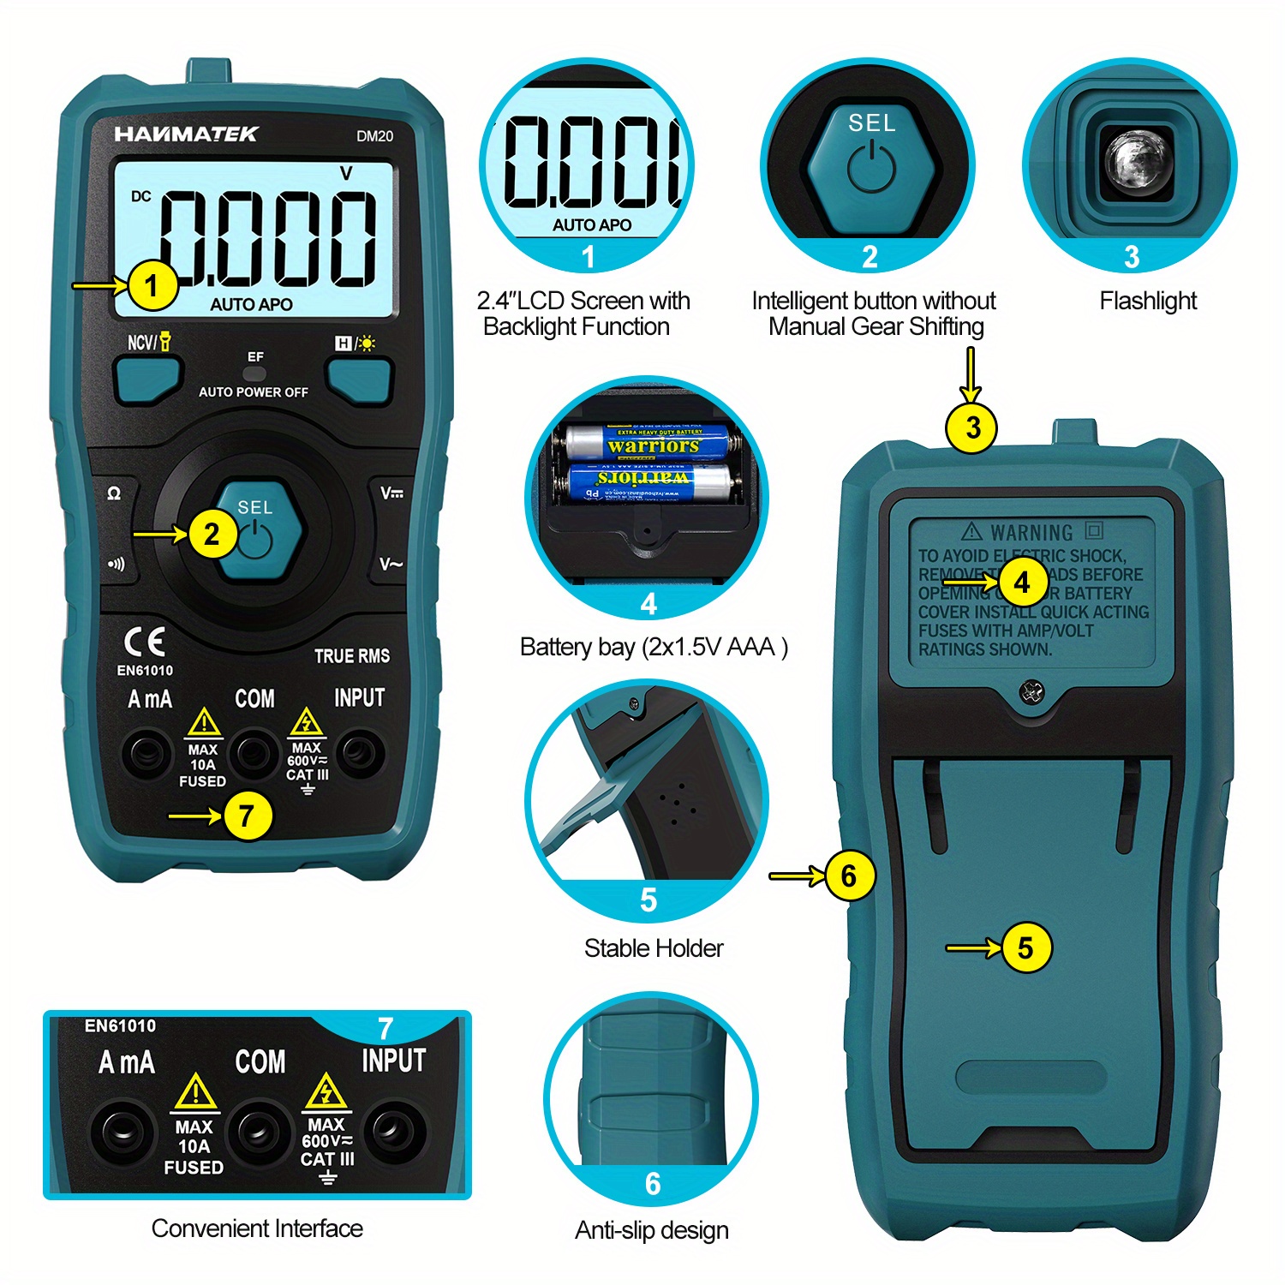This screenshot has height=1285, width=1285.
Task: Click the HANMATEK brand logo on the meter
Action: pos(186,134)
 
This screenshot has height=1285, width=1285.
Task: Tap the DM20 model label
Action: pos(374,136)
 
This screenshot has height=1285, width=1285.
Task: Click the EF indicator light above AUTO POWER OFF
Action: pos(254,374)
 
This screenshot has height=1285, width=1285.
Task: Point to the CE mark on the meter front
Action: pos(144,642)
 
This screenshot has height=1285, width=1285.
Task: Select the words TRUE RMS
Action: pos(351,656)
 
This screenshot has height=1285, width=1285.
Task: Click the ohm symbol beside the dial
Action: pos(114,493)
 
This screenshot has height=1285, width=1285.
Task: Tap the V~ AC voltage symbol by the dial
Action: pos(391,564)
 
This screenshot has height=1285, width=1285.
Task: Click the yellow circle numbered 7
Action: pos(247,816)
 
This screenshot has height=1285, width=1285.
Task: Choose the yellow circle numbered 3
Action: pos(971,427)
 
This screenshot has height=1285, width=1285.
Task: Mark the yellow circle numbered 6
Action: pos(849,876)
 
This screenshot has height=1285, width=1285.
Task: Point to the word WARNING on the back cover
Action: pos(1031,533)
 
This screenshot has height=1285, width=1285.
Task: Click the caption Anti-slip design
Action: pos(652,1230)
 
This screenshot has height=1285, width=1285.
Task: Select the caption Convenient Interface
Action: pos(257,1228)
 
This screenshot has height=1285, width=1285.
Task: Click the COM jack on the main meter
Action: pos(254,753)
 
